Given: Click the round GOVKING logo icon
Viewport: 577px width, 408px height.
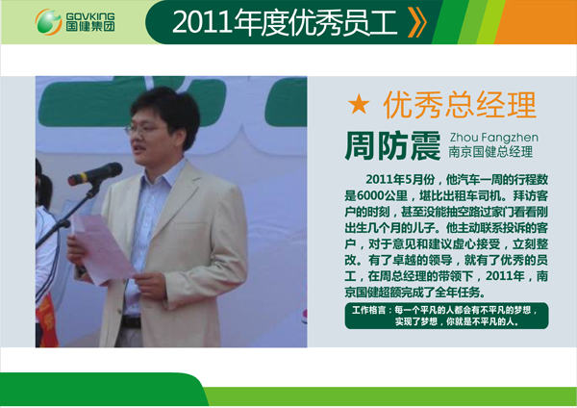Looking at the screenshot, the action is point(48,22).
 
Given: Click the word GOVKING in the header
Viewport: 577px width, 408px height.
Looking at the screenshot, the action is point(90,16).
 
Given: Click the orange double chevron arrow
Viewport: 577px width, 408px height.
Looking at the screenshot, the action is point(417,22).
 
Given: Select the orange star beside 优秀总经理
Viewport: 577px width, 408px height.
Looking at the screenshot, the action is point(359,104).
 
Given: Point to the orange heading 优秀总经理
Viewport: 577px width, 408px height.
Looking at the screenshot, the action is point(460,105).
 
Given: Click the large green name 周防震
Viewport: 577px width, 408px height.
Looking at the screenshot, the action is point(392,146).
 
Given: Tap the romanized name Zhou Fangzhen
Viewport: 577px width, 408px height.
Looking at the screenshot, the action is point(494,138).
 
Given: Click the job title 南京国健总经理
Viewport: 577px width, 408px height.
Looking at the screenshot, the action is point(490,152).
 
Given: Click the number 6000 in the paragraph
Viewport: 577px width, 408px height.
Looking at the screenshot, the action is point(370,195).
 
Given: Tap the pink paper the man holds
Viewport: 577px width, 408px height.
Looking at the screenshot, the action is point(102,249).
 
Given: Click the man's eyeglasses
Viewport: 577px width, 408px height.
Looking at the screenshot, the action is point(145,129).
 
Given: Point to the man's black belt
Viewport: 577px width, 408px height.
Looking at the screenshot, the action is point(131,322).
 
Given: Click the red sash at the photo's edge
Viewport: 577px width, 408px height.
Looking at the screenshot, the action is point(46,320).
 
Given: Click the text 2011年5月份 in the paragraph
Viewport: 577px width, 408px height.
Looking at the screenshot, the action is point(400,179).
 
